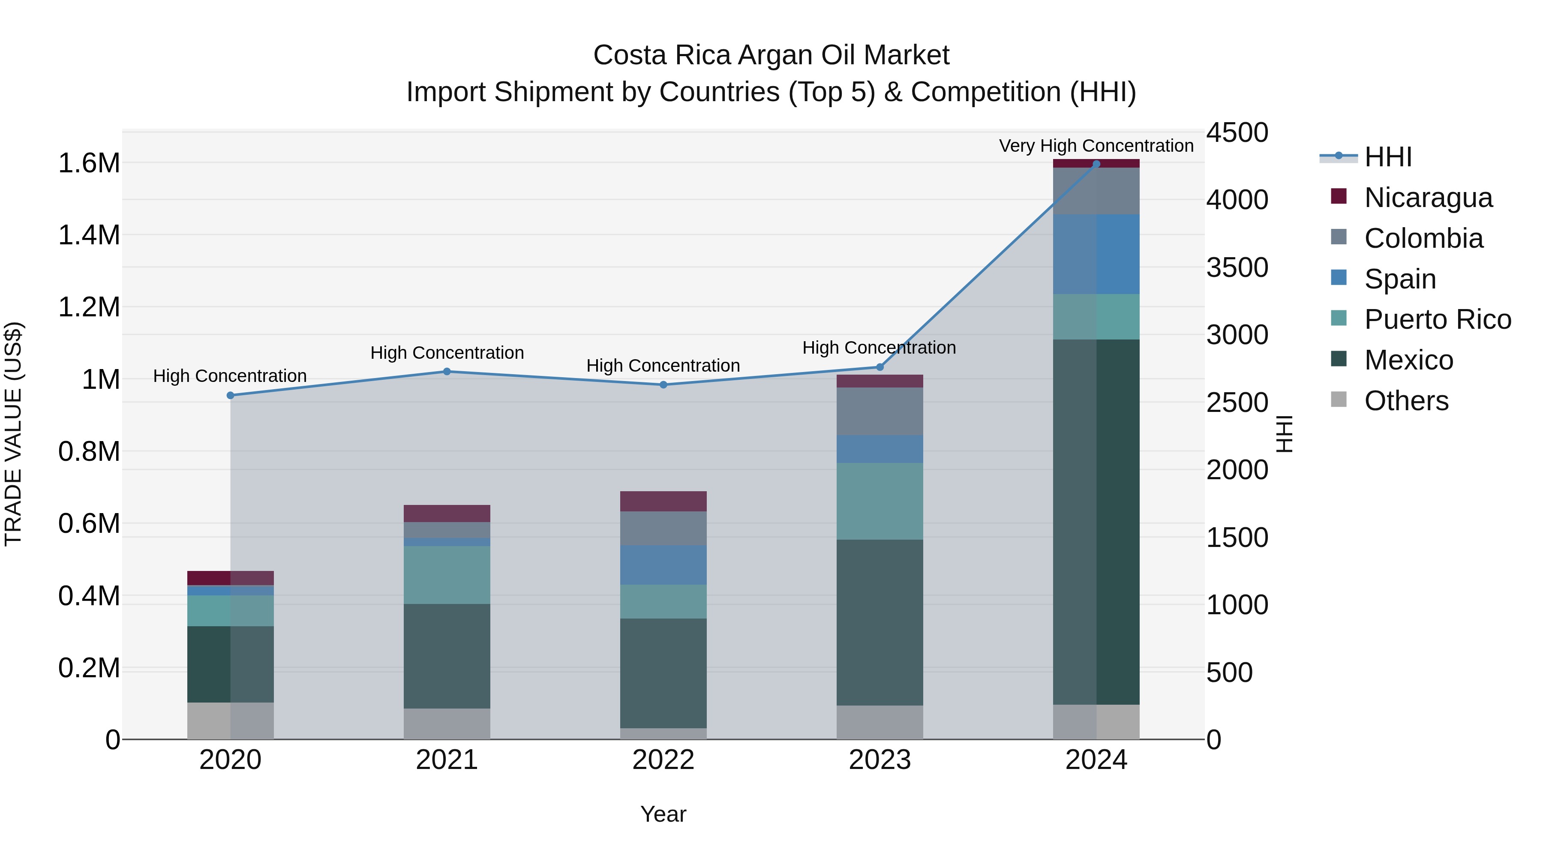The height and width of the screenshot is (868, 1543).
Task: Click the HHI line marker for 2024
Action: [x=1096, y=164]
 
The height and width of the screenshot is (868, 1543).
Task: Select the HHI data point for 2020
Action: [x=231, y=395]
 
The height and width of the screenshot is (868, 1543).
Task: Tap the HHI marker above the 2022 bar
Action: [x=663, y=384]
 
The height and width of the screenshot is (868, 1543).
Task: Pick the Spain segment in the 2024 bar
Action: [x=1096, y=254]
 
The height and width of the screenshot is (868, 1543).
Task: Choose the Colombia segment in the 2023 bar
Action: [x=880, y=411]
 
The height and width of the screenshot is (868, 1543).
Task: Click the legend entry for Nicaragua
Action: [x=1428, y=198]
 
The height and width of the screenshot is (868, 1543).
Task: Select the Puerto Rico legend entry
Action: [x=1438, y=319]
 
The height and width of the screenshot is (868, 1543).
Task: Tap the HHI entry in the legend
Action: [x=1388, y=157]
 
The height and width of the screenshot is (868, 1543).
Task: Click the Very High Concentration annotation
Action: [x=1096, y=146]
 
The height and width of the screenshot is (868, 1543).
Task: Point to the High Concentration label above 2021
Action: [x=447, y=353]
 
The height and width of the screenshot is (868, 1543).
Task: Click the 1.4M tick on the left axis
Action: [x=89, y=235]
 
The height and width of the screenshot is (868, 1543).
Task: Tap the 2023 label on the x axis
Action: [x=880, y=760]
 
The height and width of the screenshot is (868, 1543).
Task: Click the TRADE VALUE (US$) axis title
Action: [x=13, y=434]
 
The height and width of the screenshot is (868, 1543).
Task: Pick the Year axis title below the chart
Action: [x=663, y=814]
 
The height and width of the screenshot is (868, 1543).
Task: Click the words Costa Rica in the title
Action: [x=661, y=55]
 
